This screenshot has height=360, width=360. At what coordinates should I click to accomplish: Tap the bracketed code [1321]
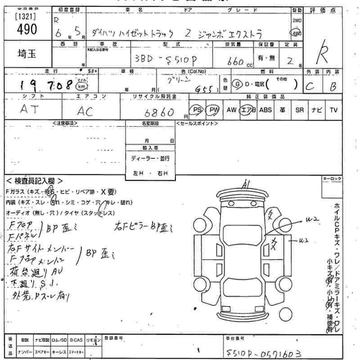click(x=27, y=15)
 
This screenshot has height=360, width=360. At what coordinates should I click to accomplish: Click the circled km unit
click(x=81, y=86)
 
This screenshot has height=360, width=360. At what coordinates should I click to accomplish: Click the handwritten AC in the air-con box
click(x=85, y=111)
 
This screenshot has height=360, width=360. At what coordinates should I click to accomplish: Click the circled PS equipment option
click(x=197, y=110)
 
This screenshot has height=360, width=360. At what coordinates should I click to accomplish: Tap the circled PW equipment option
click(x=212, y=110)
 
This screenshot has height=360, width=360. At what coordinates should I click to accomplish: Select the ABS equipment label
click(x=265, y=110)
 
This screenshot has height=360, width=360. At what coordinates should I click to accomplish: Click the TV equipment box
click(x=333, y=110)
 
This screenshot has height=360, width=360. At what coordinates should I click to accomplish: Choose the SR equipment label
click(x=299, y=110)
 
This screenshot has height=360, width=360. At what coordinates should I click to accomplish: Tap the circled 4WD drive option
click(x=296, y=33)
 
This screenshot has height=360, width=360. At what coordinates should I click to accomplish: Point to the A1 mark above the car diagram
click(x=245, y=183)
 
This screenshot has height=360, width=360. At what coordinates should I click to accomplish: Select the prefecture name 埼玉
click(x=27, y=54)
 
